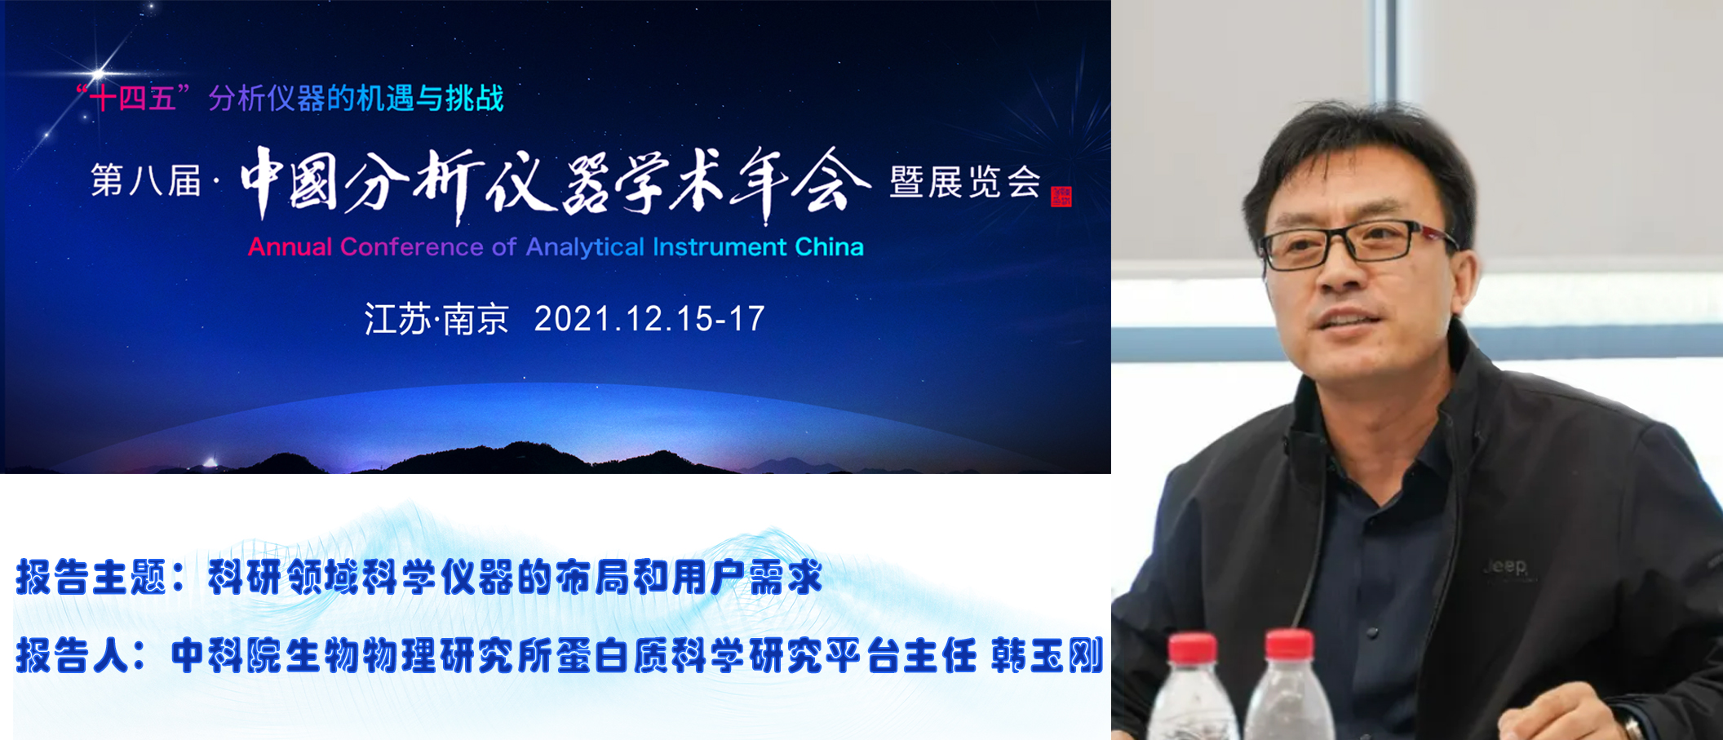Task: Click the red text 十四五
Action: (x=133, y=99)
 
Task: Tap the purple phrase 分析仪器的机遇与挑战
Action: (x=356, y=99)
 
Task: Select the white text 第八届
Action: (x=146, y=180)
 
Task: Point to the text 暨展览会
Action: (x=965, y=181)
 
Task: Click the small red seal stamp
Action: (x=1061, y=197)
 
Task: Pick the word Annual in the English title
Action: (x=290, y=246)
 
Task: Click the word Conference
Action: (x=412, y=246)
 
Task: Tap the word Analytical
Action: (x=585, y=247)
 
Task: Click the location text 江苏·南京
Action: (x=436, y=319)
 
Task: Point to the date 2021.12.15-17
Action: (x=649, y=319)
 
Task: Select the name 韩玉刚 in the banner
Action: (x=1047, y=655)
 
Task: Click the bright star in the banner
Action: (x=99, y=73)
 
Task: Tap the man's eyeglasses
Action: (x=1358, y=243)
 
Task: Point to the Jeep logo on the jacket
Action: (x=1505, y=566)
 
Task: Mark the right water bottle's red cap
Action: (x=1289, y=644)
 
